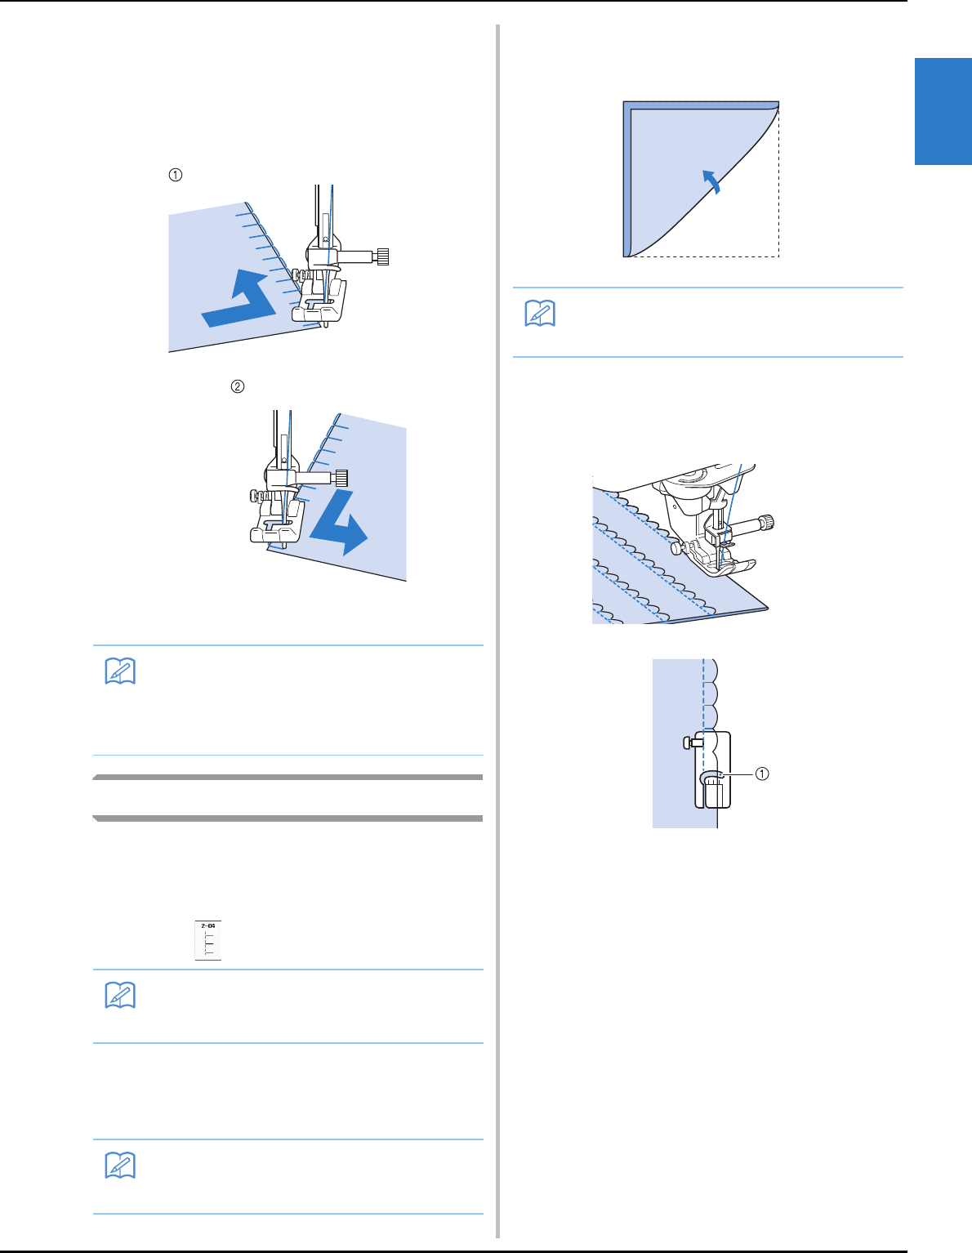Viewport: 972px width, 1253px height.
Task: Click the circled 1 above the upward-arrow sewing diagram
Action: [x=175, y=174]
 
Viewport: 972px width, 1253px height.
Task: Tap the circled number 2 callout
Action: [x=237, y=386]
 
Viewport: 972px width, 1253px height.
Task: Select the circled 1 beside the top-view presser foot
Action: [x=761, y=774]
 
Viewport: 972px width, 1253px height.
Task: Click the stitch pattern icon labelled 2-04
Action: [x=208, y=940]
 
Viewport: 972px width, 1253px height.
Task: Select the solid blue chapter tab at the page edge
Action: [x=943, y=111]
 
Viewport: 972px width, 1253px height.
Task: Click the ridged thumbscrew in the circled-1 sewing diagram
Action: [x=381, y=256]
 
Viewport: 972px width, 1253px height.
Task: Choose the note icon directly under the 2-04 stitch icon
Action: [x=121, y=995]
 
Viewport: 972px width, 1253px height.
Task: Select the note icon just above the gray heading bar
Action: [x=121, y=671]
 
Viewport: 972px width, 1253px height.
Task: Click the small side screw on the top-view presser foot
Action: [x=688, y=742]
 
